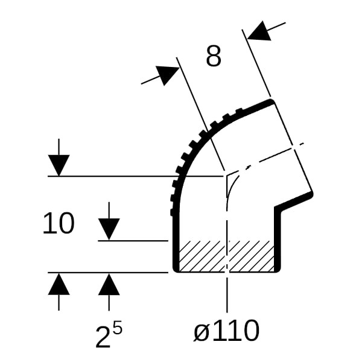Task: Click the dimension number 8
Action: point(214,56)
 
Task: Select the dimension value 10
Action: point(59,223)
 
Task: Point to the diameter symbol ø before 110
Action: point(201,331)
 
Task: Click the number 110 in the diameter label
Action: point(235,331)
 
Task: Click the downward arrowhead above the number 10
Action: point(59,165)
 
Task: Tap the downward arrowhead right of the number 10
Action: point(109,229)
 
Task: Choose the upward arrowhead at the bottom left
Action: point(59,284)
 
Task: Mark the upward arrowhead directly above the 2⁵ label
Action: point(109,284)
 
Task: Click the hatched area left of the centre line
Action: point(202,256)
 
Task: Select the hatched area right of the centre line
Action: point(252,256)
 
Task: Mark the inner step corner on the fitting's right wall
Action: point(278,208)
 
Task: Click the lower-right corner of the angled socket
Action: point(312,194)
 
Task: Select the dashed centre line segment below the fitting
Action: point(227,295)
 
